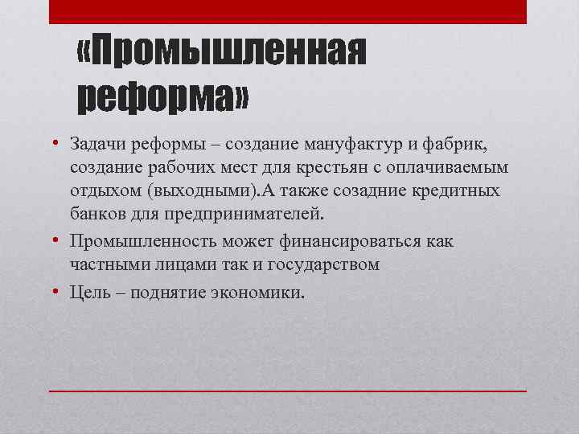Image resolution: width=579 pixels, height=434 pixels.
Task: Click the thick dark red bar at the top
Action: (x=287, y=11)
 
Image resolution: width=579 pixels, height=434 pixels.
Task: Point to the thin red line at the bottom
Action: (x=287, y=391)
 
